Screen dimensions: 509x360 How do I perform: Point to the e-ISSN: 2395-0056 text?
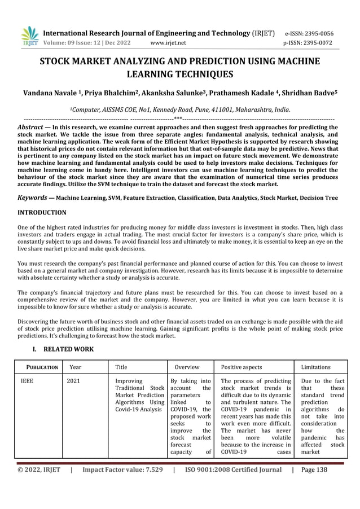pyautogui.click(x=317, y=33)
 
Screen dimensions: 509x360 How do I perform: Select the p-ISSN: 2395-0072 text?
pyautogui.click(x=317, y=42)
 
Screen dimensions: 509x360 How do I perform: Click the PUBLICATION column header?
pyautogui.click(x=39, y=367)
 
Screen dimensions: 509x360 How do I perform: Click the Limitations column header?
pyautogui.click(x=317, y=367)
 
